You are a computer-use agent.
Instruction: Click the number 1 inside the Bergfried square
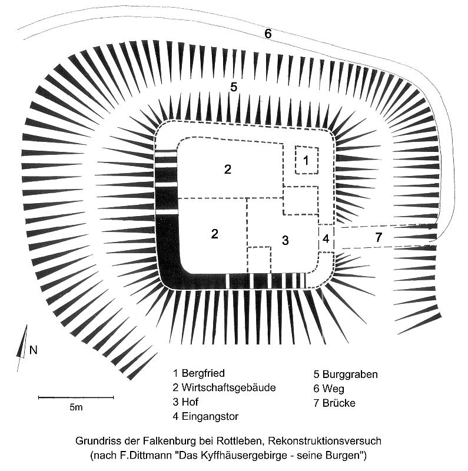pyautogui.click(x=306, y=160)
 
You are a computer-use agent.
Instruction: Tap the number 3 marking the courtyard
pyautogui.click(x=285, y=240)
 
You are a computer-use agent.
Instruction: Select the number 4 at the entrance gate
pyautogui.click(x=326, y=238)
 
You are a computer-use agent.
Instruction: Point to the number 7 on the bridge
pyautogui.click(x=379, y=238)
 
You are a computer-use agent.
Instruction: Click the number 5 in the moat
pyautogui.click(x=233, y=87)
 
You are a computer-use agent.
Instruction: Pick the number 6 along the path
pyautogui.click(x=268, y=34)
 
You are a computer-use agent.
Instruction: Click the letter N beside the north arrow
pyautogui.click(x=34, y=350)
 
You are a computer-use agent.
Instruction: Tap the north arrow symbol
pyautogui.click(x=22, y=349)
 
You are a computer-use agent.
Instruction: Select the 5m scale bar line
pyautogui.click(x=76, y=397)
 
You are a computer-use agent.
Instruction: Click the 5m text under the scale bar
pyautogui.click(x=76, y=407)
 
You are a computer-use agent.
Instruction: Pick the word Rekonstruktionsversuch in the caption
pyautogui.click(x=325, y=441)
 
